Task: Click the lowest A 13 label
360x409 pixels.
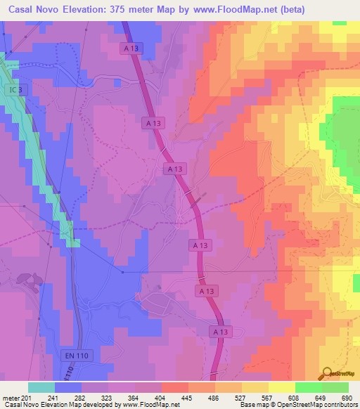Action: [220, 331]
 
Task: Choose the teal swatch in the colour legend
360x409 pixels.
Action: [41, 387]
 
